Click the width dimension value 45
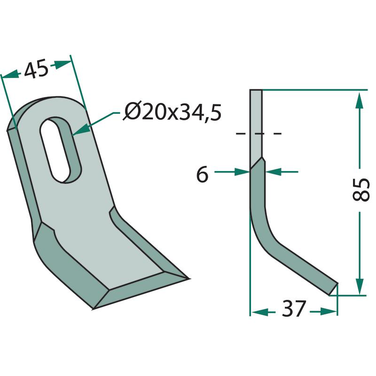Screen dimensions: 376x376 37,70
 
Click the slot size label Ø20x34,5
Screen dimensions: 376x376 172,112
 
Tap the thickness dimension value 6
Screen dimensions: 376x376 202,174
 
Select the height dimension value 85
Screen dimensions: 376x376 360,189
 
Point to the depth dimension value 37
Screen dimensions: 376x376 294,308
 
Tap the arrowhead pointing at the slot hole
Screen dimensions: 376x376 80,130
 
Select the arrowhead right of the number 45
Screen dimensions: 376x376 63,64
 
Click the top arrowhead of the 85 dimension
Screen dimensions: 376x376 359,101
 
